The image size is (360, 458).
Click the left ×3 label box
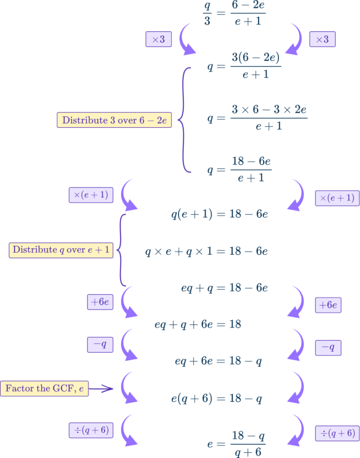[159, 39]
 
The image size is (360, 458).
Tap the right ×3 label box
[322, 39]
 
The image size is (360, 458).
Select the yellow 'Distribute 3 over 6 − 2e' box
[114, 120]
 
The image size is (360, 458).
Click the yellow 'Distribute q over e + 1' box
[61, 250]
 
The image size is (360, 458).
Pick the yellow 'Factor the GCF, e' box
[44, 389]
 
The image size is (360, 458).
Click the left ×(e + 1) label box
[91, 195]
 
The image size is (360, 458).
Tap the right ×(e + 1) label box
[337, 198]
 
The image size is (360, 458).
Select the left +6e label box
[100, 302]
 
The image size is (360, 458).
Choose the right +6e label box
[328, 305]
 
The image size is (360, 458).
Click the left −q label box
[100, 345]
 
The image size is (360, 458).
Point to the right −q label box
[328, 347]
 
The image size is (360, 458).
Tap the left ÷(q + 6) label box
[91, 429]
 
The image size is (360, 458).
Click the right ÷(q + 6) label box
[337, 433]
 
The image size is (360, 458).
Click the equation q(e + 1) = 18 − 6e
[220, 214]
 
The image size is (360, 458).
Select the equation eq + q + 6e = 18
[198, 324]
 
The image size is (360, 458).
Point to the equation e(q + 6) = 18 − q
[217, 399]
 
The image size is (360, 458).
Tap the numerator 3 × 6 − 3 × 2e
[269, 110]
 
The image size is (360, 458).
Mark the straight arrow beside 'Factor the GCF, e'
[101, 389]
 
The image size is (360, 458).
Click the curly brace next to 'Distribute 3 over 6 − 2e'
[184, 120]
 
